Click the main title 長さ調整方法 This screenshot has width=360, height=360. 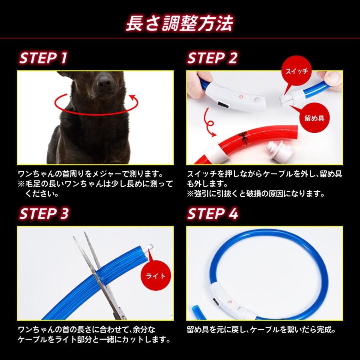coord(179,23)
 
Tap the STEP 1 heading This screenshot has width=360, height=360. coord(43,58)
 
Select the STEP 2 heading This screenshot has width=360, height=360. coord(212,58)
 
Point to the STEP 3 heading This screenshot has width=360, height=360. coord(44,214)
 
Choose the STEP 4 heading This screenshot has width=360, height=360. coord(213,214)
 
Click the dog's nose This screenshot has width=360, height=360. coord(104,82)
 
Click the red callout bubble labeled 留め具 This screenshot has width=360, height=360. coord(314,118)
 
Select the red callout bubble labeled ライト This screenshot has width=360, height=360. coord(156,276)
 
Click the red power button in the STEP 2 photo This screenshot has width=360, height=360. coord(241,97)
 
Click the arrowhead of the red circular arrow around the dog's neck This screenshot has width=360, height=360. coord(133,98)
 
